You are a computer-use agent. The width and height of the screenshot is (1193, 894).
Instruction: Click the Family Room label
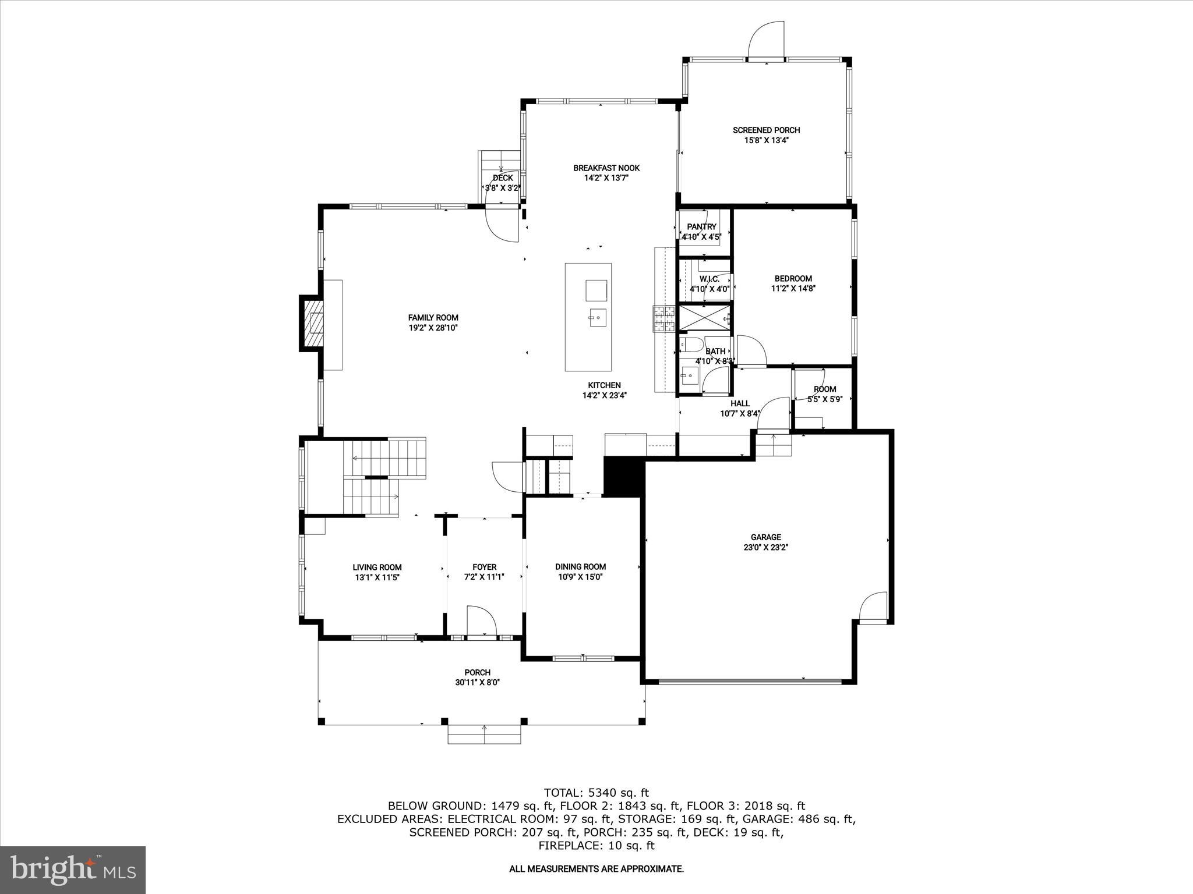(x=433, y=318)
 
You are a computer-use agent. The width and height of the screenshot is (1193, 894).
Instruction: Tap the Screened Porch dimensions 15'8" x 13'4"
(x=766, y=140)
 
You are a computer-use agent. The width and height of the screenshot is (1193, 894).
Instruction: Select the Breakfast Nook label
(x=606, y=168)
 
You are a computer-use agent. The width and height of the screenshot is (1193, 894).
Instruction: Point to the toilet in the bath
(x=692, y=345)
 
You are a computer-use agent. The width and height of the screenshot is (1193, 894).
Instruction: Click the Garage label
(x=765, y=537)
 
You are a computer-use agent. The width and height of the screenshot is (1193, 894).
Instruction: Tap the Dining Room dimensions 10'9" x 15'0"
(x=580, y=577)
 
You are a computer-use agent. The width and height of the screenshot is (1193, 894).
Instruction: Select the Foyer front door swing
(x=481, y=621)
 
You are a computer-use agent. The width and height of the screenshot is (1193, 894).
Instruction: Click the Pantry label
(x=701, y=227)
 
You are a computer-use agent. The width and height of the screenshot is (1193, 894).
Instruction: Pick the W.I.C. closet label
(x=709, y=279)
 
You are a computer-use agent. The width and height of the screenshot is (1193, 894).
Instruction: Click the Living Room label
(x=377, y=567)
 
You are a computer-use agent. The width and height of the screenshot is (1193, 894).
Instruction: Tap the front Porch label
(x=477, y=672)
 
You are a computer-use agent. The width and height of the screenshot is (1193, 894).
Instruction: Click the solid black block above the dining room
(x=623, y=476)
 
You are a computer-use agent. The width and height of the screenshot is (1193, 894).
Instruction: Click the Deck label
(x=503, y=178)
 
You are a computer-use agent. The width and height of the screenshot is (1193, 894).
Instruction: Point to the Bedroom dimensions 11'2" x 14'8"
(x=793, y=288)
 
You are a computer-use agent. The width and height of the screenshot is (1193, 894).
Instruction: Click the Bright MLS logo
(x=73, y=870)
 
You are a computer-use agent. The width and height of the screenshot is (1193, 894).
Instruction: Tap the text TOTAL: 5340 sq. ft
(x=596, y=793)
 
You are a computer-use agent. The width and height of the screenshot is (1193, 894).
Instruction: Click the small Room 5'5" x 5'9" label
(x=824, y=389)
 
